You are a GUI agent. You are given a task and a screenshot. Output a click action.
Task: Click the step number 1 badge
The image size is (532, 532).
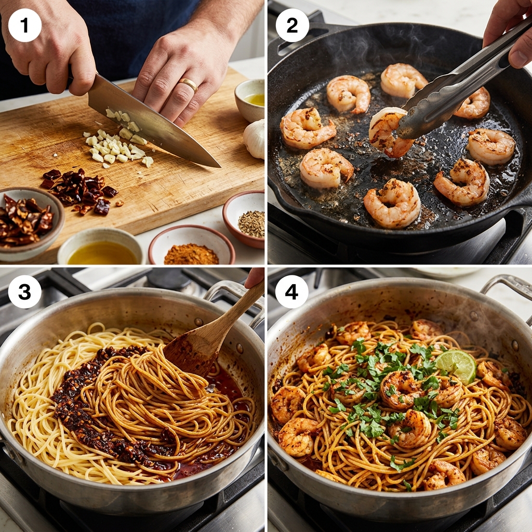click(25, 25)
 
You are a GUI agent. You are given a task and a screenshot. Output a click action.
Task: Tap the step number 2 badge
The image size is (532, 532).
click(292, 25)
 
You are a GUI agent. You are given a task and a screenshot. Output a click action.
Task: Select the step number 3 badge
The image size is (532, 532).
click(25, 291)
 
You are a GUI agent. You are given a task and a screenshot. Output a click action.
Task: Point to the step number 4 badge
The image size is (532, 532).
click(292, 291)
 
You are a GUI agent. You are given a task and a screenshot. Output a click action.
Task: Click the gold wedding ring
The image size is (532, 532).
click(188, 84)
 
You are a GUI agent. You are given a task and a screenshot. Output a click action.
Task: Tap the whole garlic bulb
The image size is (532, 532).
click(255, 139)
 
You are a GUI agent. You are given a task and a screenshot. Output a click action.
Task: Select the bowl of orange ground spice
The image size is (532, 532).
click(192, 245)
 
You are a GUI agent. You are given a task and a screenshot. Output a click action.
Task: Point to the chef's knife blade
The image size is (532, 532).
click(149, 119)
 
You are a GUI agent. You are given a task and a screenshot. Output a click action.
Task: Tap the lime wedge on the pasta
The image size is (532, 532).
click(456, 366)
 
